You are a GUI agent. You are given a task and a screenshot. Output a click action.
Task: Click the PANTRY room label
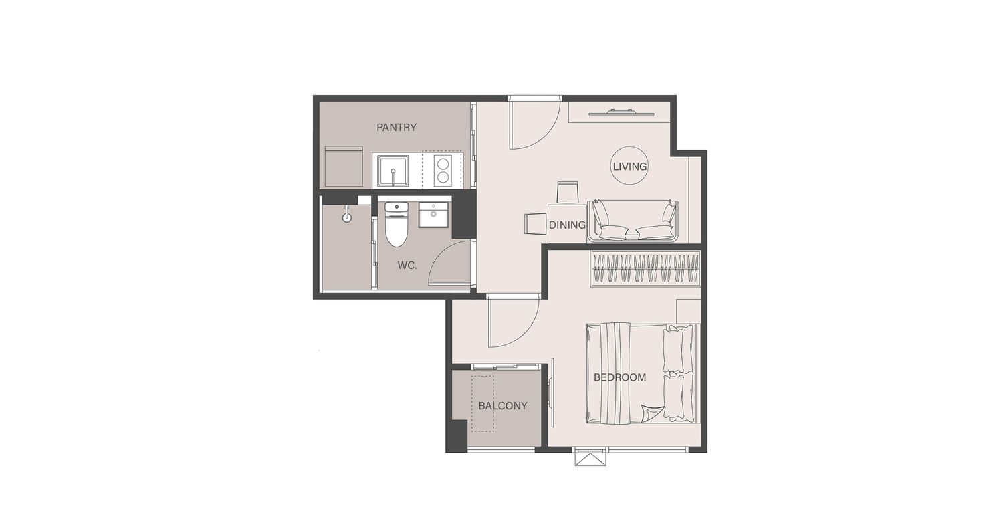point(397,128)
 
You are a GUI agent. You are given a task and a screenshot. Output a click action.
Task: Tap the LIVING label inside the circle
point(630,167)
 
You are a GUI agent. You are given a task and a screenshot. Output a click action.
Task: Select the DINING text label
point(567,225)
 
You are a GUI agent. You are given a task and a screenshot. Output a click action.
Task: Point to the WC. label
point(407,266)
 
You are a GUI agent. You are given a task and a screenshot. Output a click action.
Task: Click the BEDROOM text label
point(620,377)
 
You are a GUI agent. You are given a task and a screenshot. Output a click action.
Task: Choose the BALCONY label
point(503,406)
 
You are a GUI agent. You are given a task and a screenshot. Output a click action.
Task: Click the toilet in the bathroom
point(397,224)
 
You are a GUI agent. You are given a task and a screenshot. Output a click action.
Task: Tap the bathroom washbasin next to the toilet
point(433,215)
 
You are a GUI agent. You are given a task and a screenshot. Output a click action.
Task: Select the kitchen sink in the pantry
point(393,171)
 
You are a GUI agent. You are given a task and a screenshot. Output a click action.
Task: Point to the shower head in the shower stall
point(347,216)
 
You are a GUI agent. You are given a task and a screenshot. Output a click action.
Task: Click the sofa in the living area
point(633,221)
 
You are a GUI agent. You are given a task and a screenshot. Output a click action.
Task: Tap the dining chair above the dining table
point(567,193)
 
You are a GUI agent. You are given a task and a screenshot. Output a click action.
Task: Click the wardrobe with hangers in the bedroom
point(645,268)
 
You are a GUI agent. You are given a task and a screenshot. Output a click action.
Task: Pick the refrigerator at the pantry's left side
point(344,166)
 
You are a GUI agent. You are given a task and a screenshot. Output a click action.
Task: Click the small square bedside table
point(688,312)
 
